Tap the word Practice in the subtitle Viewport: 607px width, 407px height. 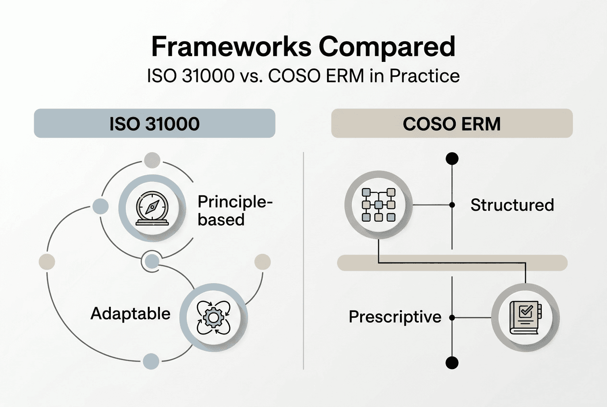pos(425,76)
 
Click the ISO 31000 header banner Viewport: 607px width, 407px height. pos(154,123)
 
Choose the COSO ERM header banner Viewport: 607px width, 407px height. pos(451,123)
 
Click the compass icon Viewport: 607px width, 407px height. pos(152,210)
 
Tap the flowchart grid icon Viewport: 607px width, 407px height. pos(378,205)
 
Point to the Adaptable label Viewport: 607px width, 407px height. pos(131,313)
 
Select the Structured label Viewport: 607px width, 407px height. pos(512,205)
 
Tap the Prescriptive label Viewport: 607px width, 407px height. pos(395,317)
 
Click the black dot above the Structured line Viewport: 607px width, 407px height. pos(452,158)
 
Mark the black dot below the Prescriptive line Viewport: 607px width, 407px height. pos(452,362)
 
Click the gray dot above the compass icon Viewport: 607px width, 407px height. pos(152,159)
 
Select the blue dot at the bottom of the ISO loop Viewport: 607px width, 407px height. pos(151,361)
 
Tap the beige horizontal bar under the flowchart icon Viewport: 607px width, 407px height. pos(452,263)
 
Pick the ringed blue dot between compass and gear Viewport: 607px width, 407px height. pos(152,262)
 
